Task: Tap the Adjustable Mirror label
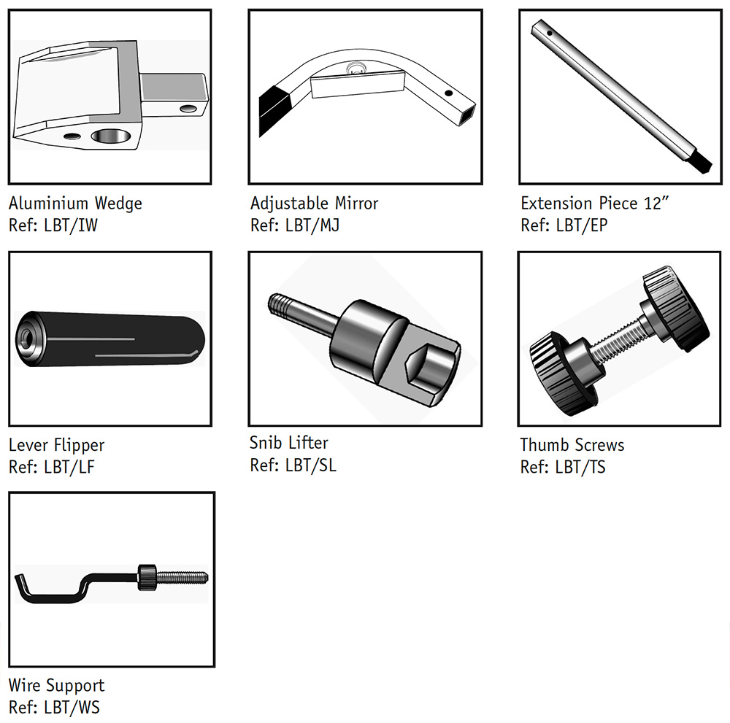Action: (x=314, y=203)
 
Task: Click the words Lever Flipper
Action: (x=56, y=445)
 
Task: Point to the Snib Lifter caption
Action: (x=289, y=443)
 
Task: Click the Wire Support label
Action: (x=56, y=685)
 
